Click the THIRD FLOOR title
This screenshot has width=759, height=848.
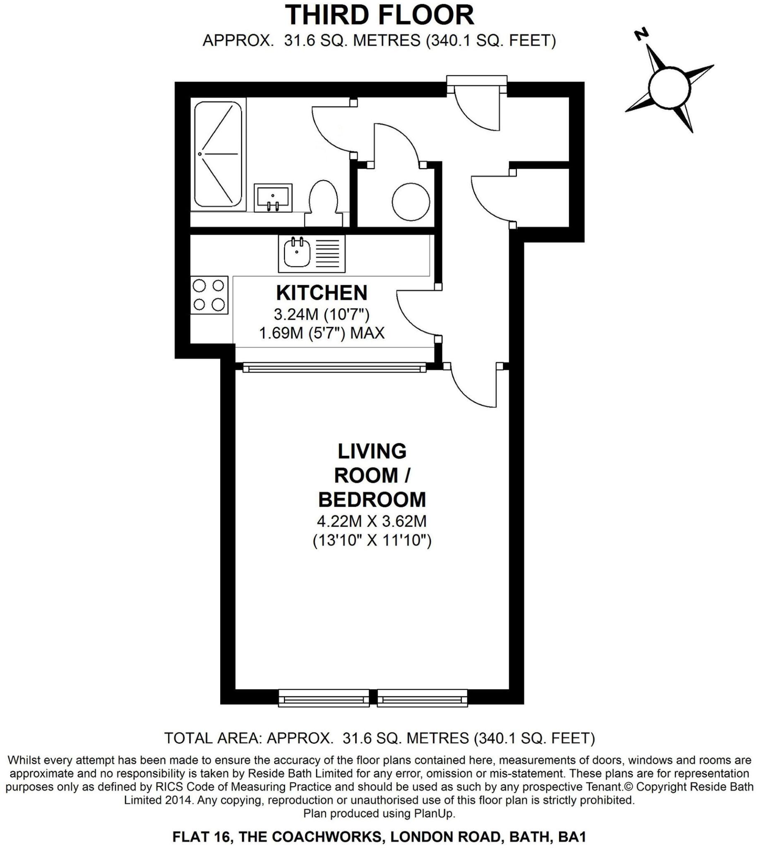coord(379,16)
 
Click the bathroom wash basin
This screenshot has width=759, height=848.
coord(273,198)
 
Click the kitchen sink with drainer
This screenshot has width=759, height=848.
coord(312,253)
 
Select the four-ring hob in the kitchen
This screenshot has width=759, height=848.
coord(209,295)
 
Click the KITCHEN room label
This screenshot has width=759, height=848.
coord(322,293)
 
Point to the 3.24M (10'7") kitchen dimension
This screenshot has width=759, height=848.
coord(322,314)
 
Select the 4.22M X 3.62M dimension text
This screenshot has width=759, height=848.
coord(372,521)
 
